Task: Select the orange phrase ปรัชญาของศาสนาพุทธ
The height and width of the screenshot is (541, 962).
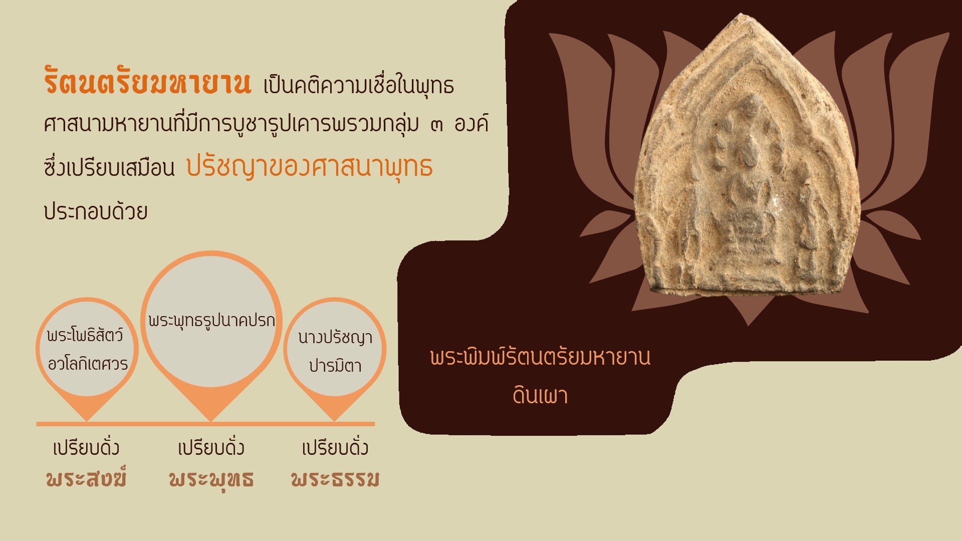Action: pos(309,167)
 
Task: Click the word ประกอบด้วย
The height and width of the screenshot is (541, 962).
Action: pos(95,211)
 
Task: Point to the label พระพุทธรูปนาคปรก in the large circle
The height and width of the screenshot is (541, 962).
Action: pos(211,320)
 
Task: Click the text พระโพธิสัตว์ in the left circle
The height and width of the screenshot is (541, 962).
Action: pos(85,335)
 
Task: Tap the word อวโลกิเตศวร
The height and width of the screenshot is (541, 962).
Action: pos(88,363)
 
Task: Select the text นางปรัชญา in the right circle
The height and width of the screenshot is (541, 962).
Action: pos(335,338)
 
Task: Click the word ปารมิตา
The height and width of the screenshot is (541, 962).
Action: pos(335,365)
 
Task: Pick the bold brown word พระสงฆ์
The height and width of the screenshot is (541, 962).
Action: pos(86,478)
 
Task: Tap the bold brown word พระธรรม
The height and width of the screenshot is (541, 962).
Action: pos(335,479)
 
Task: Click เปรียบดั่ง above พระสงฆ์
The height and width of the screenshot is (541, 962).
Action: pos(86,447)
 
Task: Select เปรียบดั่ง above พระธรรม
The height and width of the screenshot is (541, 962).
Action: pos(335,447)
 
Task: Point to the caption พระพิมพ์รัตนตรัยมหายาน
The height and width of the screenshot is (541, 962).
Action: pos(540,356)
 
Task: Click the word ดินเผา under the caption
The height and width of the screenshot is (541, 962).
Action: pos(540,395)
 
